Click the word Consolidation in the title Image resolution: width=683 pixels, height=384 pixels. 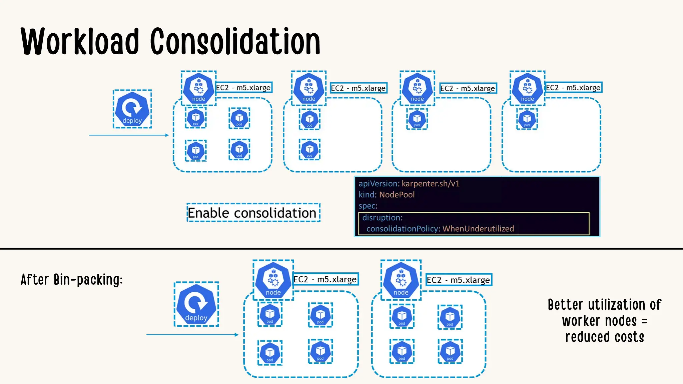235,42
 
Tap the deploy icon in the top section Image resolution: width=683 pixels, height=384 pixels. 132,109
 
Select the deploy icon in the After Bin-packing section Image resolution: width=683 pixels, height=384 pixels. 196,304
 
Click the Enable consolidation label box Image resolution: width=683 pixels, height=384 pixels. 253,213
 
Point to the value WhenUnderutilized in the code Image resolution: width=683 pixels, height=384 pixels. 478,229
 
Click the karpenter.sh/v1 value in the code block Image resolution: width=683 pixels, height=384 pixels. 431,184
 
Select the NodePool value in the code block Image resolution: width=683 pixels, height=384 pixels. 397,195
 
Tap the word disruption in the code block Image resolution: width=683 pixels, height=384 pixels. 382,218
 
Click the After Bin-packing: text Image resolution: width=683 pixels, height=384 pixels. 72,280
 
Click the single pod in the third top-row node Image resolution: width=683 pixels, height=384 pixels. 417,119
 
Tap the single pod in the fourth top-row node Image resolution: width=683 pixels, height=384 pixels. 527,119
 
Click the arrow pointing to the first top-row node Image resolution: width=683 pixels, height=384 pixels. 129,135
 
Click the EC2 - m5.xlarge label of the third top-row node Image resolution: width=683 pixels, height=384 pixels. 468,88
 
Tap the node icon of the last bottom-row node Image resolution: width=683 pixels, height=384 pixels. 401,280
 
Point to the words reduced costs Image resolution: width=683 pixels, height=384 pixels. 604,337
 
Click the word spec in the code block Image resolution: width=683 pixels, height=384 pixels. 367,206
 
